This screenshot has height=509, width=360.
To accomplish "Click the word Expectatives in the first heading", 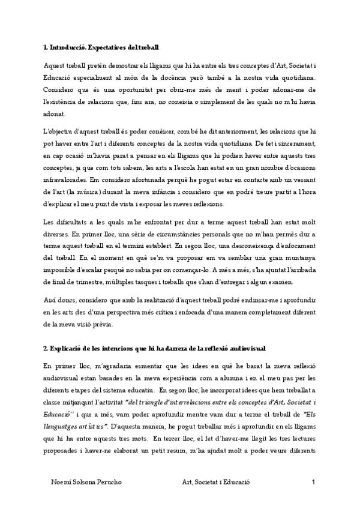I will [x=106, y=46].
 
